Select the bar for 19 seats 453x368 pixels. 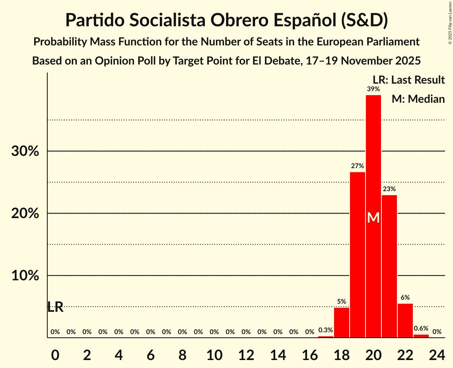[357, 254]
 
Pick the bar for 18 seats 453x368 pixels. [341, 323]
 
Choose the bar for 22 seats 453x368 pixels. [405, 321]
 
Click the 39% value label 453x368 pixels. [373, 89]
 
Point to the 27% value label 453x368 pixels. [357, 166]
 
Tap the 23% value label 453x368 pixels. [389, 189]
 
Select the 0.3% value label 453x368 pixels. [325, 330]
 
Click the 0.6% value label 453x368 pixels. [421, 329]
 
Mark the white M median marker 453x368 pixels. [373, 217]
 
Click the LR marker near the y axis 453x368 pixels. [55, 307]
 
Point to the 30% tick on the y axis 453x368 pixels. [25, 151]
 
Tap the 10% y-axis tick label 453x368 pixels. [25, 276]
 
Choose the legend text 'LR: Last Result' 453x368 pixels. [408, 80]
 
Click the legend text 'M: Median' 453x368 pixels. [418, 99]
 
